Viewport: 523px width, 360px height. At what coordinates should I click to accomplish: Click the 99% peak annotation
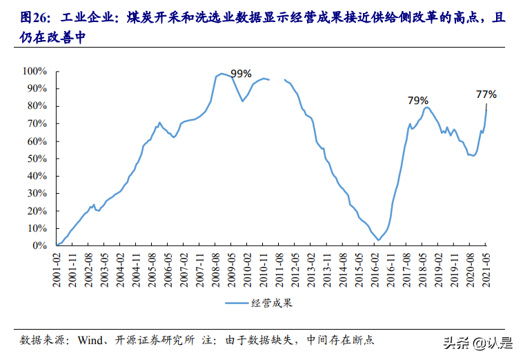coord(241,74)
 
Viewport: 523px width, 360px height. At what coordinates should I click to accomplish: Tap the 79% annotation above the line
coord(417,100)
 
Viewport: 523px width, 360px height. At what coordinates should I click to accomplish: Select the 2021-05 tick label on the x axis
coord(486,266)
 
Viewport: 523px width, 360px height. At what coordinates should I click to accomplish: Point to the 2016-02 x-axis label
coord(376,266)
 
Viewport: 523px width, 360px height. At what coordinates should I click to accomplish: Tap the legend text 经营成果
coord(271,302)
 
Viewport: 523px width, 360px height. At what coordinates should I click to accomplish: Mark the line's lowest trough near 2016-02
coord(378,240)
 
